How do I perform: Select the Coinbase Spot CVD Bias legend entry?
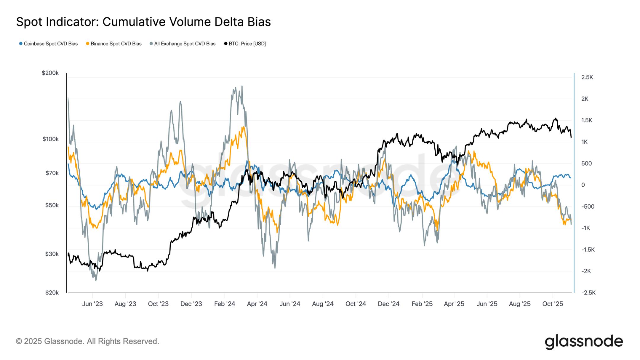click(50, 44)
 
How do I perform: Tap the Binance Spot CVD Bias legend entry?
click(116, 44)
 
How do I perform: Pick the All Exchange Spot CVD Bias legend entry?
click(185, 44)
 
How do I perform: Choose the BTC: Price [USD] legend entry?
click(247, 44)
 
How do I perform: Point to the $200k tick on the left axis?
click(50, 73)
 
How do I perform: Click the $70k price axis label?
click(52, 173)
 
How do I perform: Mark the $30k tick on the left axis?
click(52, 254)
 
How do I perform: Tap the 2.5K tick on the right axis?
click(587, 77)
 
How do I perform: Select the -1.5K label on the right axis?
click(588, 249)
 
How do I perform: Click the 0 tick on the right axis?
click(583, 185)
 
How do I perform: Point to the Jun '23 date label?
click(92, 304)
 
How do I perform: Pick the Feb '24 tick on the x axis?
click(225, 304)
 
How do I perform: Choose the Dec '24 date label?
click(389, 304)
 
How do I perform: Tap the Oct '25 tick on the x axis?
click(553, 304)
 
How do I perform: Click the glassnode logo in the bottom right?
click(584, 342)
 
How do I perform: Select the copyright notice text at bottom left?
click(87, 341)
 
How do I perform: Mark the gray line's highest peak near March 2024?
click(242, 86)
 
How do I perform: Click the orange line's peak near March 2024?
click(243, 127)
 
